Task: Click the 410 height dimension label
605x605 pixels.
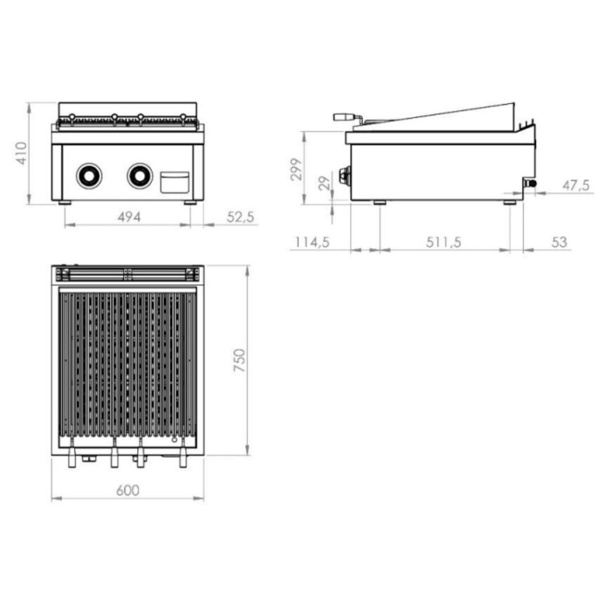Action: [x=21, y=153]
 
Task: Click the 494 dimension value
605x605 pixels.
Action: [x=129, y=217]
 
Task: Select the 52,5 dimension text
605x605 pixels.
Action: [x=240, y=217]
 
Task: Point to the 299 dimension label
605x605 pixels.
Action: [x=296, y=170]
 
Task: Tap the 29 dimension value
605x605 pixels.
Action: [x=325, y=183]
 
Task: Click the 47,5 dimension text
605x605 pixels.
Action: [x=576, y=186]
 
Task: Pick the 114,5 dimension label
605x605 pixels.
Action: [x=312, y=242]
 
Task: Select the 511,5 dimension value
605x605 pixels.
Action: [x=444, y=242]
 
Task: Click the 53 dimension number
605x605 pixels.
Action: [x=560, y=242]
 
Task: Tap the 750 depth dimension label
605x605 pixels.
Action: [x=240, y=360]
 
